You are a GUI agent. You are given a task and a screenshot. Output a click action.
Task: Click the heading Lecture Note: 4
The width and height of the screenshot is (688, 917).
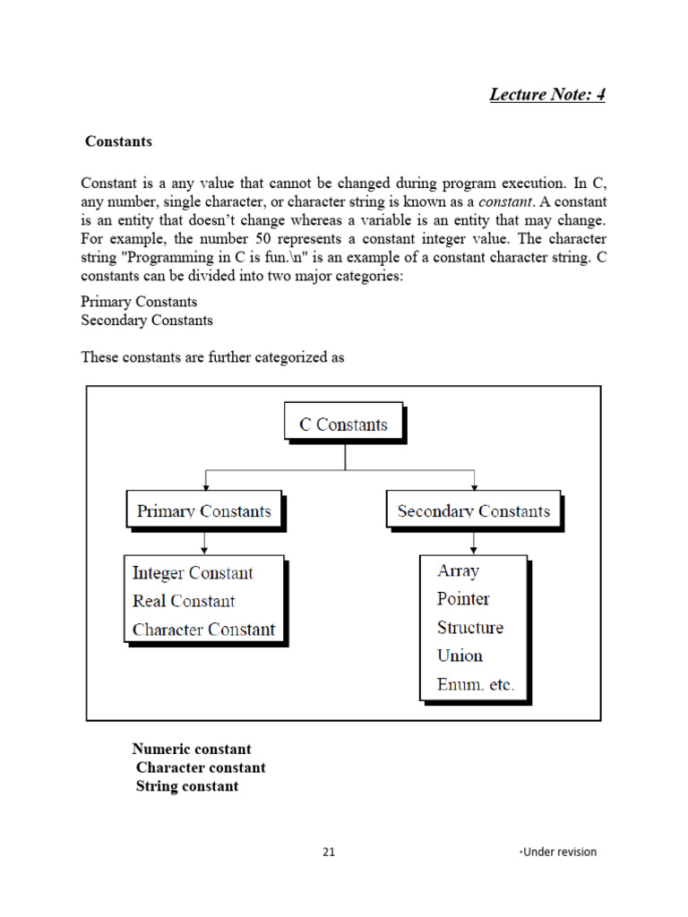(x=546, y=94)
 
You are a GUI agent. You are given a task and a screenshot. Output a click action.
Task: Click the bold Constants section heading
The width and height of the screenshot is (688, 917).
(x=118, y=141)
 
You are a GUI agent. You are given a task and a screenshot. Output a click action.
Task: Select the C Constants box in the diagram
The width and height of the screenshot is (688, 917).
(x=344, y=424)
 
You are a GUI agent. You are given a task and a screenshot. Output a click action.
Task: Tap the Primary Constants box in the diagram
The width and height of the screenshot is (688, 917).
(x=204, y=511)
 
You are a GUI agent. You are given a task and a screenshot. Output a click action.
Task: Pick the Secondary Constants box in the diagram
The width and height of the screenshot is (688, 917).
(x=473, y=511)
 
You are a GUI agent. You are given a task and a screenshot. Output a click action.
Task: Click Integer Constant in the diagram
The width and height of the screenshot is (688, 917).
(x=193, y=573)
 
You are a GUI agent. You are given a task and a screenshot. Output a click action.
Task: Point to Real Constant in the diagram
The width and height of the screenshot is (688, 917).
(x=184, y=601)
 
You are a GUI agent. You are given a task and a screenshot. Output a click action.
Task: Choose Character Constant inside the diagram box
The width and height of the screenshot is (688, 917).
(x=203, y=630)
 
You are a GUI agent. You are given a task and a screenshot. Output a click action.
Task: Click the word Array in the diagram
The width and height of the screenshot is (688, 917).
(x=458, y=570)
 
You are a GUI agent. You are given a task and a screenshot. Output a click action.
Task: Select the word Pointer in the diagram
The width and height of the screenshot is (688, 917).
(x=463, y=599)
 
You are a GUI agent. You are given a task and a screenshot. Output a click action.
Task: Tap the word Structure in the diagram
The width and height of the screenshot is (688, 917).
(x=470, y=628)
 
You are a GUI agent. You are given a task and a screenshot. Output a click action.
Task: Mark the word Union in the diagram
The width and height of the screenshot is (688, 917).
(x=460, y=656)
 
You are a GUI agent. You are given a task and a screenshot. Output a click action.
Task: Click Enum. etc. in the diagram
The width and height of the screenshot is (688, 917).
(x=476, y=684)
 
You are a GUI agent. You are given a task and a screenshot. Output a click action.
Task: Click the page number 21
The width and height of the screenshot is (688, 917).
(x=329, y=852)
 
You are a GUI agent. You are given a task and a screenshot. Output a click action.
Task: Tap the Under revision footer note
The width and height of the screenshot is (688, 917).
(x=558, y=852)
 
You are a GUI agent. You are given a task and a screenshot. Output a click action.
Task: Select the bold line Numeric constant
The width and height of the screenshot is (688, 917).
(x=192, y=749)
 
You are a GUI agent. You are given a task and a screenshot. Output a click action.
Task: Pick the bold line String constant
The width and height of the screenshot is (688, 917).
(x=187, y=786)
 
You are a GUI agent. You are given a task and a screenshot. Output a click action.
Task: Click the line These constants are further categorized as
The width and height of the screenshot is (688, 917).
(x=212, y=356)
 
